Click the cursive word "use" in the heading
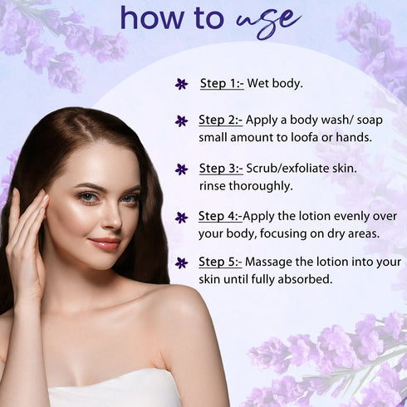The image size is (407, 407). [268, 22]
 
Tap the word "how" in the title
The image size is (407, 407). [152, 18]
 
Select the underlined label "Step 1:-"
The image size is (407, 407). [222, 83]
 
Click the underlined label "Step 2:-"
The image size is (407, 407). [221, 120]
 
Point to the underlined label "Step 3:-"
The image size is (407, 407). [221, 169]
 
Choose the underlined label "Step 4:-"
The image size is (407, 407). [220, 216]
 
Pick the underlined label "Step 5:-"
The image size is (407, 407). [220, 262]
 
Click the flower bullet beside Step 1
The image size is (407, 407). [181, 84]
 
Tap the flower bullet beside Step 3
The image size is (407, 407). [181, 169]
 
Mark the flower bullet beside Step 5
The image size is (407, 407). [181, 262]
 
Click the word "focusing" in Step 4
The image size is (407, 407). [283, 234]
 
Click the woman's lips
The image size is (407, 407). [105, 243]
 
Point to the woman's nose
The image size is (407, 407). [113, 218]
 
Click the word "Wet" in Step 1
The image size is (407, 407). [255, 83]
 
